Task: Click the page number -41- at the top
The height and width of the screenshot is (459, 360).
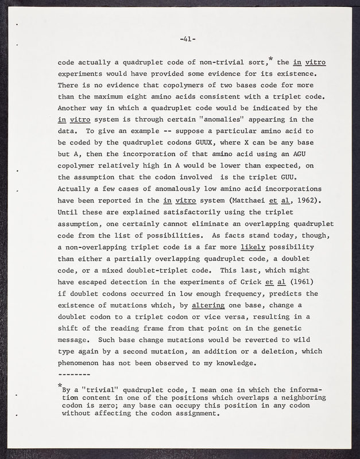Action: [188, 39]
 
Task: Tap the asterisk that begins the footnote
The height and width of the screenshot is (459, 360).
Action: [60, 385]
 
